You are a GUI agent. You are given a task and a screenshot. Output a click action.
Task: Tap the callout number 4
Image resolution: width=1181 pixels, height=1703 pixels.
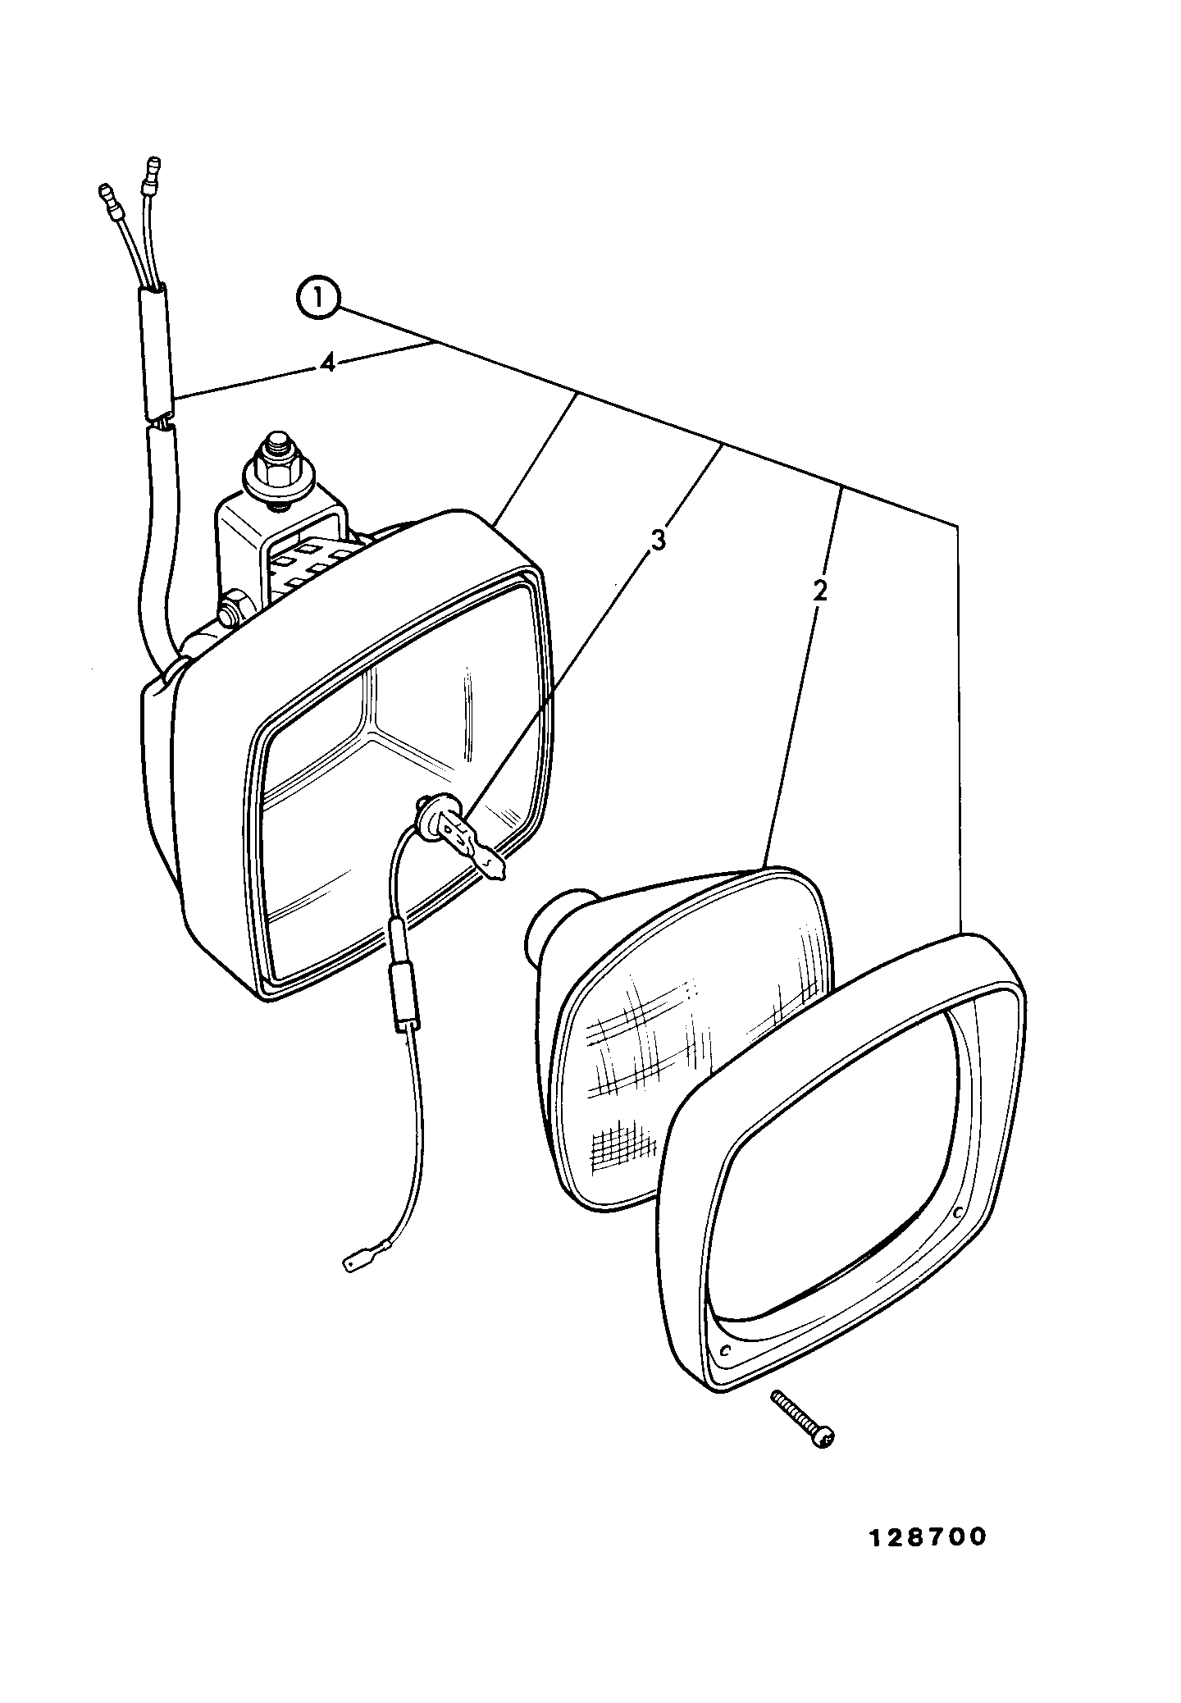[x=327, y=363]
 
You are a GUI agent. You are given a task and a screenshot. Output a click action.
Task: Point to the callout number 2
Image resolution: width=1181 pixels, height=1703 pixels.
[x=819, y=590]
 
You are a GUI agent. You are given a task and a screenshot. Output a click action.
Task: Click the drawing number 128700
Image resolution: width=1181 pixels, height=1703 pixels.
[x=928, y=1537]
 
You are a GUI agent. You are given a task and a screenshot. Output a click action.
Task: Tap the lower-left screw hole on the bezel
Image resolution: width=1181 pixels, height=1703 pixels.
[x=724, y=1349]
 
